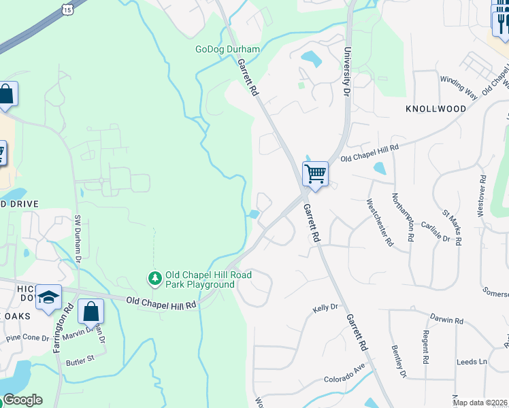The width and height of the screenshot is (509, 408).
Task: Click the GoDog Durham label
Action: coord(227,50)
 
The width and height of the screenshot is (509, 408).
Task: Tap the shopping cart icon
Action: coord(315,174)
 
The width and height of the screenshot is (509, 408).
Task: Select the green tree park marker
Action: coord(155,278)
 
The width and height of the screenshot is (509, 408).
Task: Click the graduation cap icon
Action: coord(48,297)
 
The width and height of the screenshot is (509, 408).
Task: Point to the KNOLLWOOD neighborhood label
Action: coord(436,109)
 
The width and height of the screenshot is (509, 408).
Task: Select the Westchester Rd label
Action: coord(380,222)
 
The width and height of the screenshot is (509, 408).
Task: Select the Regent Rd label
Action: coord(425,346)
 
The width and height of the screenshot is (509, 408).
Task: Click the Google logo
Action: coord(22,400)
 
